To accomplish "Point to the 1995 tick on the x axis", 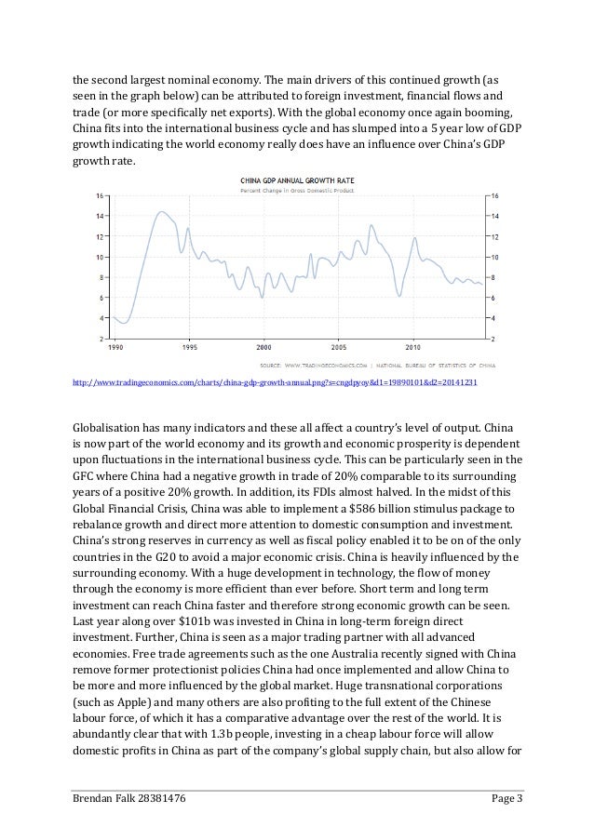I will coord(188,346).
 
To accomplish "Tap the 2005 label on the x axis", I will coord(339,346).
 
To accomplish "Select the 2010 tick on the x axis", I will coord(413,346).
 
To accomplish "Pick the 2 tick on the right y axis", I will coord(494,338).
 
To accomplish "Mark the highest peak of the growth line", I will coord(162,212).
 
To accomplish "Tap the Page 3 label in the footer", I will coord(505,808).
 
